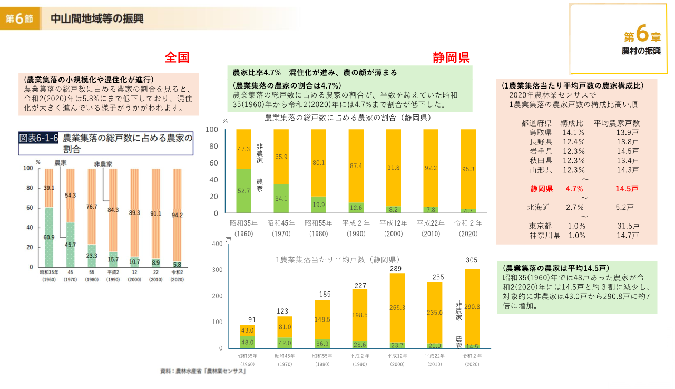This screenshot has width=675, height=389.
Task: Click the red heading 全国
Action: [177, 57]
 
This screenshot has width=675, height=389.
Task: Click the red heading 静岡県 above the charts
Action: [451, 57]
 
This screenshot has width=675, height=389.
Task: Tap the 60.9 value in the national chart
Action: [49, 237]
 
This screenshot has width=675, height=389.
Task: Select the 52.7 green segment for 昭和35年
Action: [243, 191]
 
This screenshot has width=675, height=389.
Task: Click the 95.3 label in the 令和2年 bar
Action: [468, 169]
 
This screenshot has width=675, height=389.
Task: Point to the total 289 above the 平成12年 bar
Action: [396, 269]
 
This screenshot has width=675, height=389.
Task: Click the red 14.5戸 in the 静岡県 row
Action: [627, 188]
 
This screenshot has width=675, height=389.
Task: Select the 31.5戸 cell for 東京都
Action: [628, 226]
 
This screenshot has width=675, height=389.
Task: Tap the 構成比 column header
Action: [571, 123]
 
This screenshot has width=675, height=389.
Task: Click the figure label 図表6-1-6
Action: [38, 138]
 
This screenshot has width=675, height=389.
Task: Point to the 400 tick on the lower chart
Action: [217, 244]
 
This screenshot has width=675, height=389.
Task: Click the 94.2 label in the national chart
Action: [177, 215]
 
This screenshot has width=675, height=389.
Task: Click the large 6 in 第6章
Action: [641, 35]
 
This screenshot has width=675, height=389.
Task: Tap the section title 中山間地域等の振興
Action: [96, 19]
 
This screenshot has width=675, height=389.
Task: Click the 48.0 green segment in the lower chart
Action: [247, 342]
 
